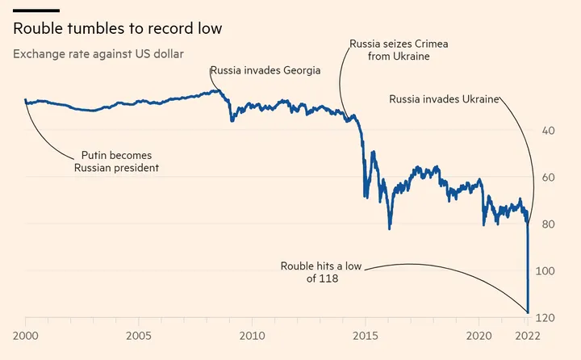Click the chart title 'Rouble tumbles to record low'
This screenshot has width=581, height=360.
point(118,28)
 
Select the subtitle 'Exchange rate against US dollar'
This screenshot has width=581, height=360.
point(98,54)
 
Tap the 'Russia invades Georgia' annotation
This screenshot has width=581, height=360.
point(265,70)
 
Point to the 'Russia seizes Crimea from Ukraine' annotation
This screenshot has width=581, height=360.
point(399,50)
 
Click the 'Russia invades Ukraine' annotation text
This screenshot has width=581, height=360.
point(444,99)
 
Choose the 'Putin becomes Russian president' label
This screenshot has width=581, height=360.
point(116,161)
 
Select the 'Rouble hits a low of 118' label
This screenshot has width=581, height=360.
point(321,272)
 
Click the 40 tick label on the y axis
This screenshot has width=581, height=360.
point(548,131)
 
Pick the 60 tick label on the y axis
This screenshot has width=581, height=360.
point(548,178)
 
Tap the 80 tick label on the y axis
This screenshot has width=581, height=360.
point(548,224)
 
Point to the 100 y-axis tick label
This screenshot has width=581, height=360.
point(545,270)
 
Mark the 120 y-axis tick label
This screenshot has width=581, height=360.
point(545,318)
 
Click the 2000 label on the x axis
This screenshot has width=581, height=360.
point(26,336)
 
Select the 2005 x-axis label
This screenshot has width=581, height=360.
point(139,336)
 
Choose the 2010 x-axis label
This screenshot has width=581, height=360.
point(252,336)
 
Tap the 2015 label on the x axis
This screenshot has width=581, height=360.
point(366,336)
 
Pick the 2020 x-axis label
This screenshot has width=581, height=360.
point(479,336)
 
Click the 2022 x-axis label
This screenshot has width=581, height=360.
point(528,336)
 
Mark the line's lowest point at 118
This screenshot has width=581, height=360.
point(528,312)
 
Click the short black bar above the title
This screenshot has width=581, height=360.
point(36,10)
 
